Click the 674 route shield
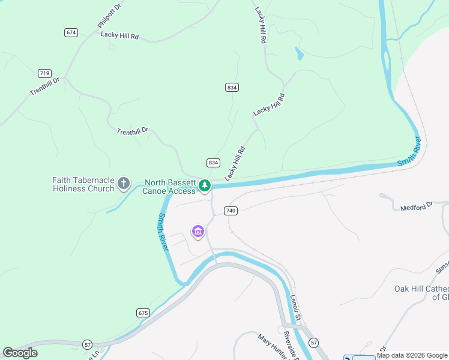tap(71, 32)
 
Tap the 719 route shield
tap(44, 73)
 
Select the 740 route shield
tap(231, 211)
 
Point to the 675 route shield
tap(142, 313)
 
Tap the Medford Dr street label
tap(417, 206)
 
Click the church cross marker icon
tap(124, 183)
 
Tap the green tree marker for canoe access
tap(205, 185)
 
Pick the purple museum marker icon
tap(197, 231)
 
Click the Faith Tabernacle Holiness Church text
tap(83, 184)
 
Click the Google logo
tap(20, 353)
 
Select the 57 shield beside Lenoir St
tap(313, 342)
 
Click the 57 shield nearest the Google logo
tap(88, 344)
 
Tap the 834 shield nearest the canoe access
tap(213, 163)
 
